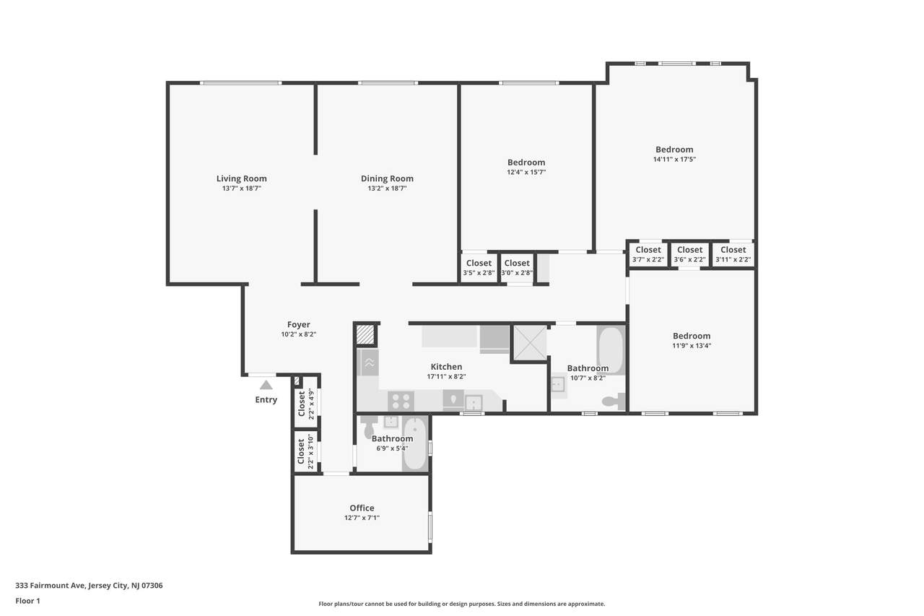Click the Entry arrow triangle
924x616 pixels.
pos(266,385)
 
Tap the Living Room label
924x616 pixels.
pos(241,178)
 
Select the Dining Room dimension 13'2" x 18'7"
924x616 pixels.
pos(387,188)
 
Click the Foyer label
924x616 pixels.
pos(299,325)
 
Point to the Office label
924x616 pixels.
pos(362,508)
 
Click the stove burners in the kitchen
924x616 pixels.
pos(401,400)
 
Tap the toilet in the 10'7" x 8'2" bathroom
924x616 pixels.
pos(614,401)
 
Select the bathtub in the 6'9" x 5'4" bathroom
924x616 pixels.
pos(415,444)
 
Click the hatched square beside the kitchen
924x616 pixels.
pos(365,334)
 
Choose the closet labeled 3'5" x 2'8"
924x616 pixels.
pos(479,268)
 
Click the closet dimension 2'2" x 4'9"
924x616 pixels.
pos(311,404)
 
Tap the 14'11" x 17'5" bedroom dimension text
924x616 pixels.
pos(674,160)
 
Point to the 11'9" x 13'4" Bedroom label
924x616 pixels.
pos(692,336)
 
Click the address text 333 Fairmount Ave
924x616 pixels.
pos(51,585)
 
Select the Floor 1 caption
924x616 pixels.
pos(27,601)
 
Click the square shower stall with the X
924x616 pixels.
pos(530,343)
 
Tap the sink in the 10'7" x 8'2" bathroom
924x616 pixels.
pos(558,385)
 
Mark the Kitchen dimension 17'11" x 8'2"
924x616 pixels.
pos(446,377)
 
